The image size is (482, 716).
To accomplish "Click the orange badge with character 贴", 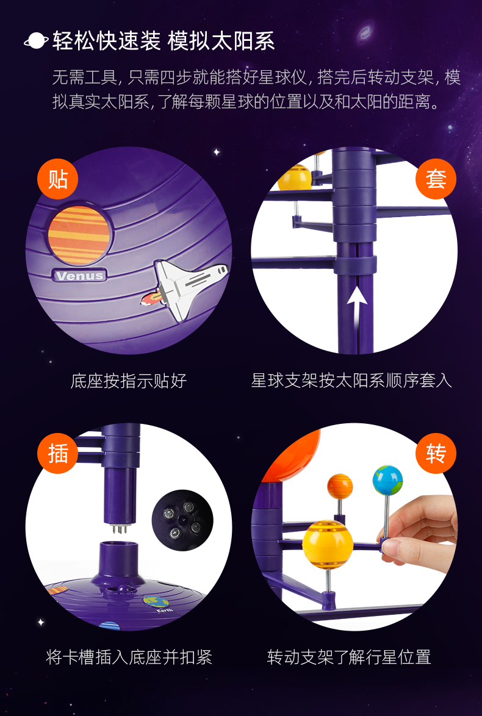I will pyautogui.click(x=57, y=179).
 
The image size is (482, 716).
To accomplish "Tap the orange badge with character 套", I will pyautogui.click(x=436, y=179).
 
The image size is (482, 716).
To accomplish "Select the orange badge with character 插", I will pyautogui.click(x=57, y=454).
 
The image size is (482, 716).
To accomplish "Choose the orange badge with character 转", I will pyautogui.click(x=436, y=454).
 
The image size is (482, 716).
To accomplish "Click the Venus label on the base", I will pyautogui.click(x=80, y=276).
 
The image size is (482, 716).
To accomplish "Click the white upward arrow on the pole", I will pyautogui.click(x=357, y=298).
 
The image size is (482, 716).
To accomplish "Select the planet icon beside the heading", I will pyautogui.click(x=36, y=41).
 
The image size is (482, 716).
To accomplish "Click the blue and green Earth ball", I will pyautogui.click(x=388, y=480).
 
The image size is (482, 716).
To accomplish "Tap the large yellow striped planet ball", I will pyautogui.click(x=328, y=544).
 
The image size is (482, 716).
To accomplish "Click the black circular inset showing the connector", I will pyautogui.click(x=182, y=520).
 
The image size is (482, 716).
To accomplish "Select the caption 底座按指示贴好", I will pyautogui.click(x=128, y=381).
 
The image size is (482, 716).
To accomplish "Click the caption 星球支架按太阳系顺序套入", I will pyautogui.click(x=352, y=381).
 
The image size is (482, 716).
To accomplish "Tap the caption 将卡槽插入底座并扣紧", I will pyautogui.click(x=129, y=657).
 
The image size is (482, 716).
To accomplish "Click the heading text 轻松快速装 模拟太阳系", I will pyautogui.click(x=164, y=41).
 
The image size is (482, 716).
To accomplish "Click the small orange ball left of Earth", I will pyautogui.click(x=340, y=486).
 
